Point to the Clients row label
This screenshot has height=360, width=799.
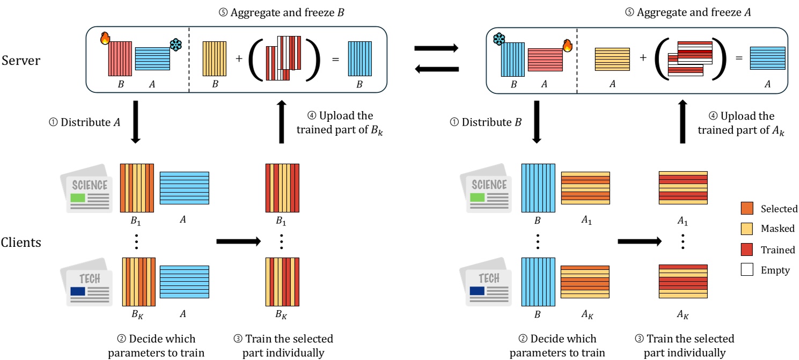pyautogui.click(x=21, y=242)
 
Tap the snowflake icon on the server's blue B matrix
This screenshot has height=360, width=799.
pyautogui.click(x=499, y=39)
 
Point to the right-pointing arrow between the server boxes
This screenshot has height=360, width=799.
pyautogui.click(x=436, y=49)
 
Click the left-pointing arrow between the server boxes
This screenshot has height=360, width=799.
pyautogui.click(x=436, y=68)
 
